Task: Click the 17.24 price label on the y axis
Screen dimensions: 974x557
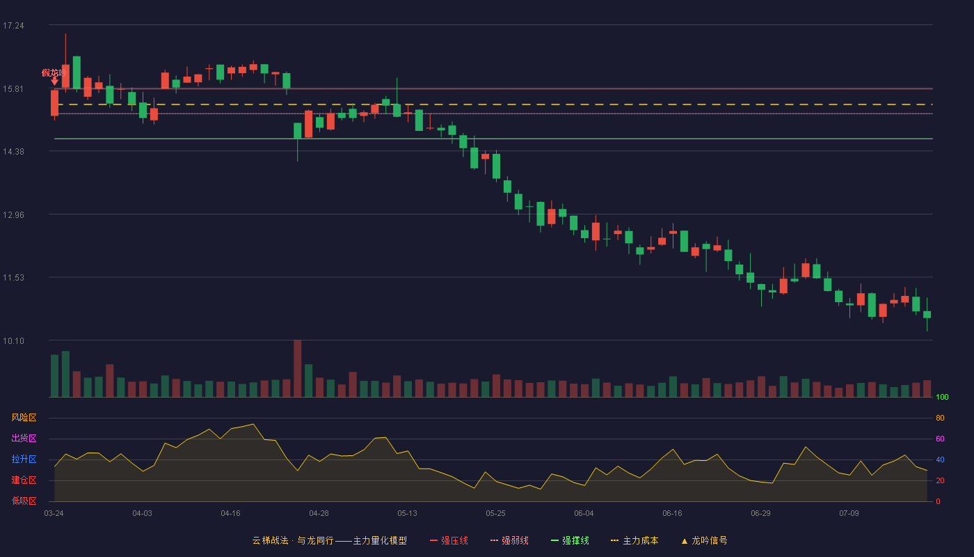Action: [x=13, y=26]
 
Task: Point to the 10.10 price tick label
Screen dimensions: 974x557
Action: [x=13, y=340]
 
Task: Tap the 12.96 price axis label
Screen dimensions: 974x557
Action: [x=13, y=215]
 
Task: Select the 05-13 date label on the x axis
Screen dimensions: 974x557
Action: [x=407, y=514]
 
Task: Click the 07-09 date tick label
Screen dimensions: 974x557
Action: [x=849, y=514]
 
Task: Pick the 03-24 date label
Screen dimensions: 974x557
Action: [x=54, y=514]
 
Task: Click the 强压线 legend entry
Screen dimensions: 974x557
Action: [x=449, y=540]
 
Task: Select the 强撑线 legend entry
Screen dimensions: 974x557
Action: [x=570, y=540]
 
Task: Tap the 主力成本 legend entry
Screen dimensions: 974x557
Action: [x=634, y=540]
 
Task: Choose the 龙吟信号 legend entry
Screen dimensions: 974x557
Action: [x=704, y=540]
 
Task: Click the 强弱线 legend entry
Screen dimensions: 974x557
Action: [x=509, y=540]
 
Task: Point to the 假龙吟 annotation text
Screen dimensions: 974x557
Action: [x=54, y=72]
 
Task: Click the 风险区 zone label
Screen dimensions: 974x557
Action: [x=24, y=418]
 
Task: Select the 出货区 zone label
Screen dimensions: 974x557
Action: [x=24, y=438]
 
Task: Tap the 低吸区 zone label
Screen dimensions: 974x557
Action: [x=24, y=501]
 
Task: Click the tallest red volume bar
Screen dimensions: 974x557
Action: [x=298, y=368]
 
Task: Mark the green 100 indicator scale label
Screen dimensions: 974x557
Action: [x=942, y=397]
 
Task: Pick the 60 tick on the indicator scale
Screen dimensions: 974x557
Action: [x=940, y=439]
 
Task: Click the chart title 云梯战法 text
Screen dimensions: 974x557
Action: [x=271, y=540]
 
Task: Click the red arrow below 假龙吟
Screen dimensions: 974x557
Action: [x=54, y=81]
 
